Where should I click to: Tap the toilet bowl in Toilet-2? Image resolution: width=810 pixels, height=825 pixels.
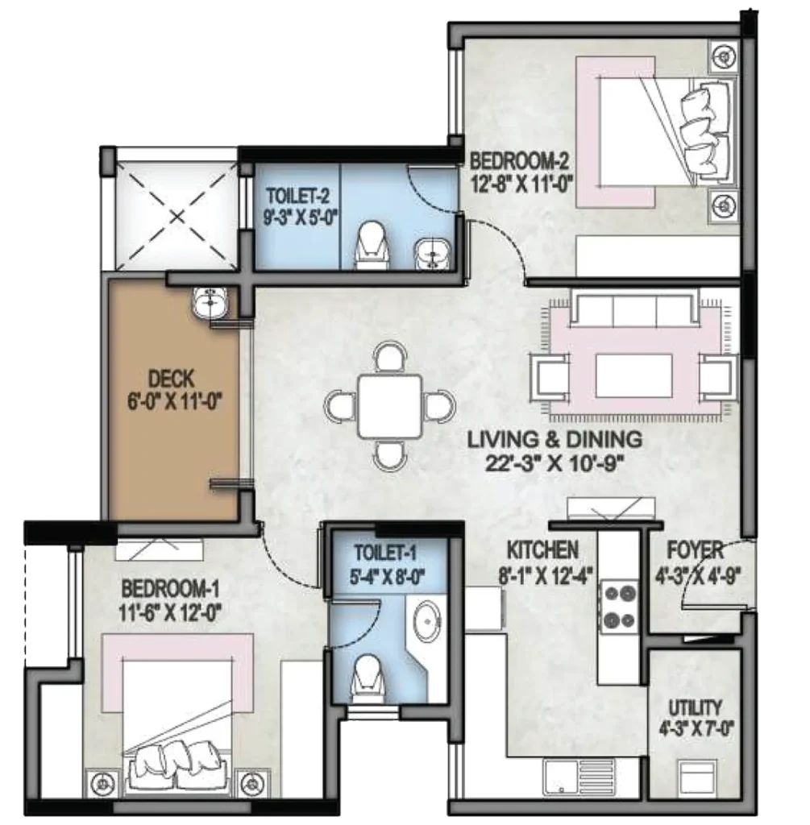point(372,245)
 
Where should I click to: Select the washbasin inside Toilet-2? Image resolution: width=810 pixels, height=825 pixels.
point(430,253)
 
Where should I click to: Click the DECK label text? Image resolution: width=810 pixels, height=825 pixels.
point(171,378)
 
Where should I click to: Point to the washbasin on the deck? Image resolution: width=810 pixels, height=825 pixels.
point(211,304)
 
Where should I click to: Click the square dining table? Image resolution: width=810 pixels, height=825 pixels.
point(389,406)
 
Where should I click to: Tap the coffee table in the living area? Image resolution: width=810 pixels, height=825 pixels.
point(633,375)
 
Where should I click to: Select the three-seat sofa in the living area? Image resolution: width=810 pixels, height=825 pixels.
point(634,310)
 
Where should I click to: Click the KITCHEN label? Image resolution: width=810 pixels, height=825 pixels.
point(542,550)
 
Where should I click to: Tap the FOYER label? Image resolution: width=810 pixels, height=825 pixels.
point(696,551)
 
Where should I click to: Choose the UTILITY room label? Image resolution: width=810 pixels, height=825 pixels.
point(695,707)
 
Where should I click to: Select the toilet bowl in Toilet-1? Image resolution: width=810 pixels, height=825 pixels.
point(368,678)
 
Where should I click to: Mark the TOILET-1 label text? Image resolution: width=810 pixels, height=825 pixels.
point(384,553)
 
